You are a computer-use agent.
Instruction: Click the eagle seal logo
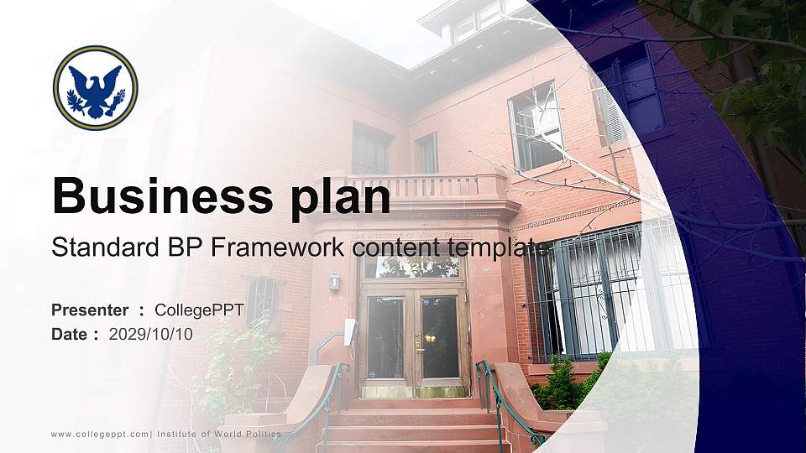pos(95,87)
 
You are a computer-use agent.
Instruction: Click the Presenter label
pos(90,310)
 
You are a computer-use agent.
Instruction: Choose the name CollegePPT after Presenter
pos(199,310)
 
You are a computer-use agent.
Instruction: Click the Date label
pos(70,334)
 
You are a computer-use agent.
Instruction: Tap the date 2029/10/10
pos(151,334)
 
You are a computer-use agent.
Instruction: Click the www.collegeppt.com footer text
pos(100,434)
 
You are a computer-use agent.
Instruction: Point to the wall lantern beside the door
pos(334,282)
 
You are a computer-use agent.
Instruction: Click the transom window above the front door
pos(411,268)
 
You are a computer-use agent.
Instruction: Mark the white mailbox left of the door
pos(350,331)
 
